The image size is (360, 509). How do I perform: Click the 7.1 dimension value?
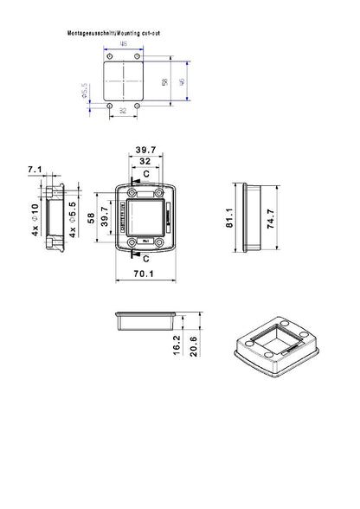(x=35, y=169)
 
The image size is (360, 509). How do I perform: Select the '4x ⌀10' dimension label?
(x=35, y=219)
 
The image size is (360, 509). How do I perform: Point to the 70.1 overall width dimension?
(x=144, y=276)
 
